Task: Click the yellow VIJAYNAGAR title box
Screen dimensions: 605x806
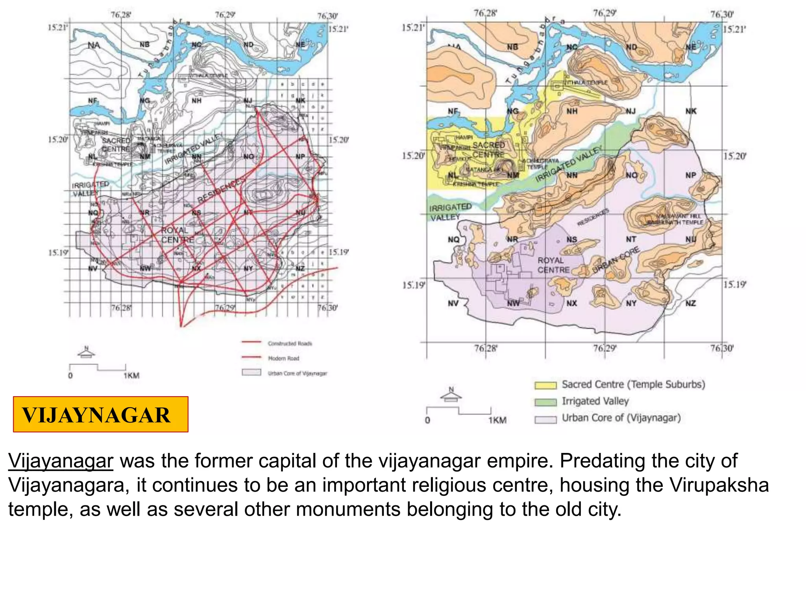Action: point(100,414)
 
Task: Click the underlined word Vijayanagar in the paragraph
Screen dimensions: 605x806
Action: point(61,460)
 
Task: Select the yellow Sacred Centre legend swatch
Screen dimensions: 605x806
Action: point(545,385)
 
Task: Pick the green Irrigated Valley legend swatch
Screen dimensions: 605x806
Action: point(545,402)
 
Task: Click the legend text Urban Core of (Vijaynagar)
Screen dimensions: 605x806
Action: point(621,418)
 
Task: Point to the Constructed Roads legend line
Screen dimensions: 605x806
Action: point(251,342)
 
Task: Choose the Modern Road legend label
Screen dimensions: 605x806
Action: point(283,358)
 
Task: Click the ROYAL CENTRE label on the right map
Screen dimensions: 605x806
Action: point(553,265)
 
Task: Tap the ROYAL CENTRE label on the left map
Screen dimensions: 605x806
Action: point(177,235)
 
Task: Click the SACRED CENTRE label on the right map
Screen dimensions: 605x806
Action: point(488,150)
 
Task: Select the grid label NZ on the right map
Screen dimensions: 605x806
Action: point(690,303)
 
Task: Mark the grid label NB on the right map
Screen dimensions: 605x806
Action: point(512,47)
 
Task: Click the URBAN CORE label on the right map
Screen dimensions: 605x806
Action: point(616,261)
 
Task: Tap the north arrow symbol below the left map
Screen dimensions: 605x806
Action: point(87,352)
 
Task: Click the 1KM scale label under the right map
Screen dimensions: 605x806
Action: point(497,420)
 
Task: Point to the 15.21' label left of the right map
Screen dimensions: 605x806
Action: point(413,28)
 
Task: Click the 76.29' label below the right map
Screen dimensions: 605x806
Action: point(604,348)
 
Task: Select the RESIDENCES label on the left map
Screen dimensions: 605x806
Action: point(221,191)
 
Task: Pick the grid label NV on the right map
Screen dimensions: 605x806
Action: point(453,303)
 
